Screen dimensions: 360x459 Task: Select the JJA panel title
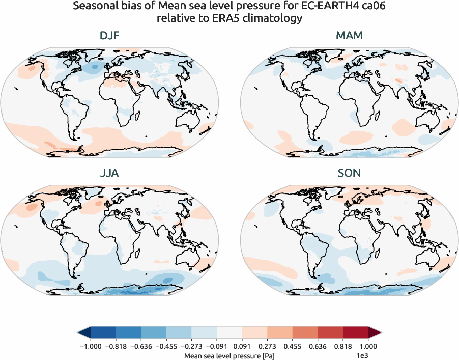point(109,173)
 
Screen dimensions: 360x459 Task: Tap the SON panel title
point(349,173)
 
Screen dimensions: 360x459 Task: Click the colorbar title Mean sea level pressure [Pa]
point(229,355)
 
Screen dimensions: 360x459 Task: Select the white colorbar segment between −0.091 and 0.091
point(230,333)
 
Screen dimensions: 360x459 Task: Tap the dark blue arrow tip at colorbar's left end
point(82,333)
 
